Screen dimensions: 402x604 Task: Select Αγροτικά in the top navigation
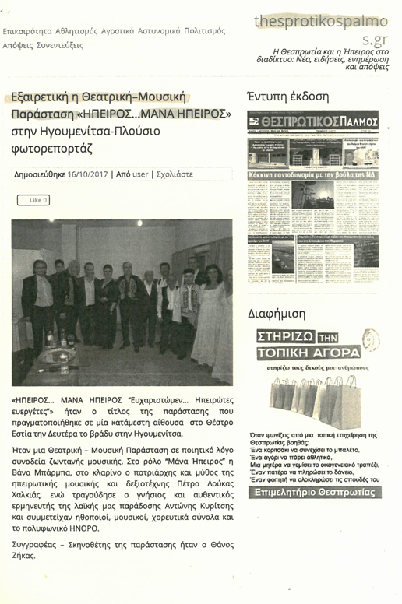click(119, 31)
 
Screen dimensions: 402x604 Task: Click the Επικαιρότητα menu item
click(27, 31)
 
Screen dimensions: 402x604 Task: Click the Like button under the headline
click(33, 200)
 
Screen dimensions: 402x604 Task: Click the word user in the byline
click(140, 174)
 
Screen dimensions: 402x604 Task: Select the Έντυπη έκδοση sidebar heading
click(287, 97)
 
